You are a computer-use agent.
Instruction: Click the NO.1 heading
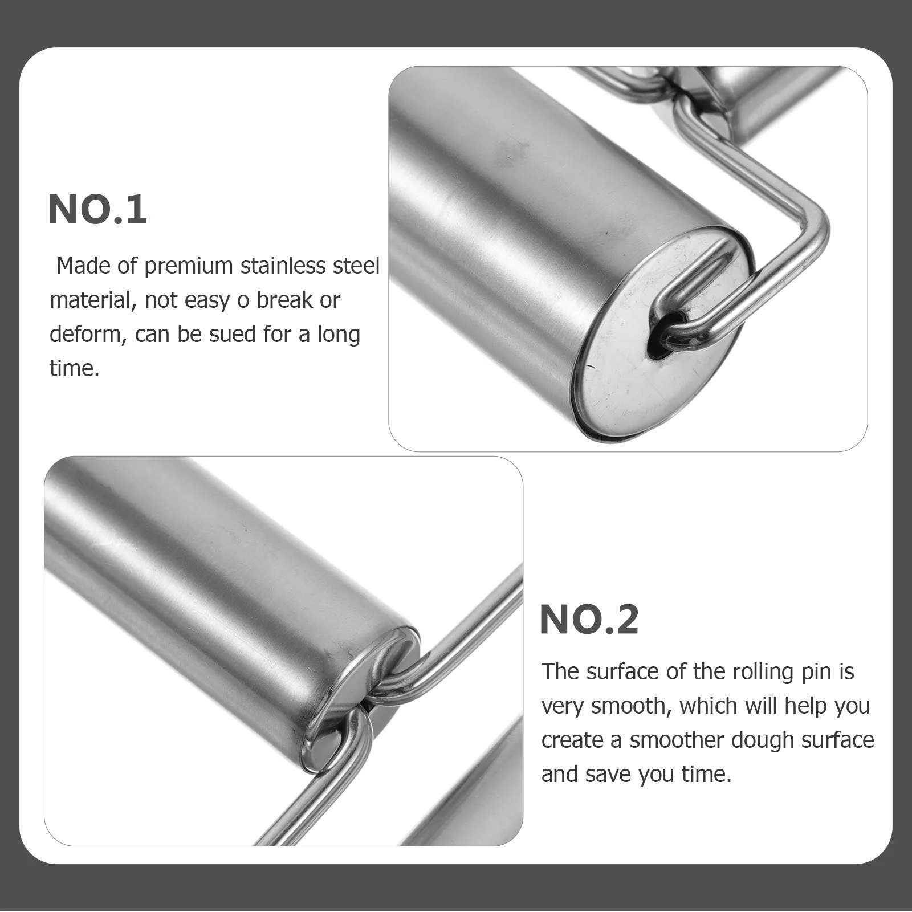[97, 210]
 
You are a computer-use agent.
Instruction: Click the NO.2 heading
[589, 620]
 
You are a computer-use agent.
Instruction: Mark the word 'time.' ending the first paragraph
[74, 368]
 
